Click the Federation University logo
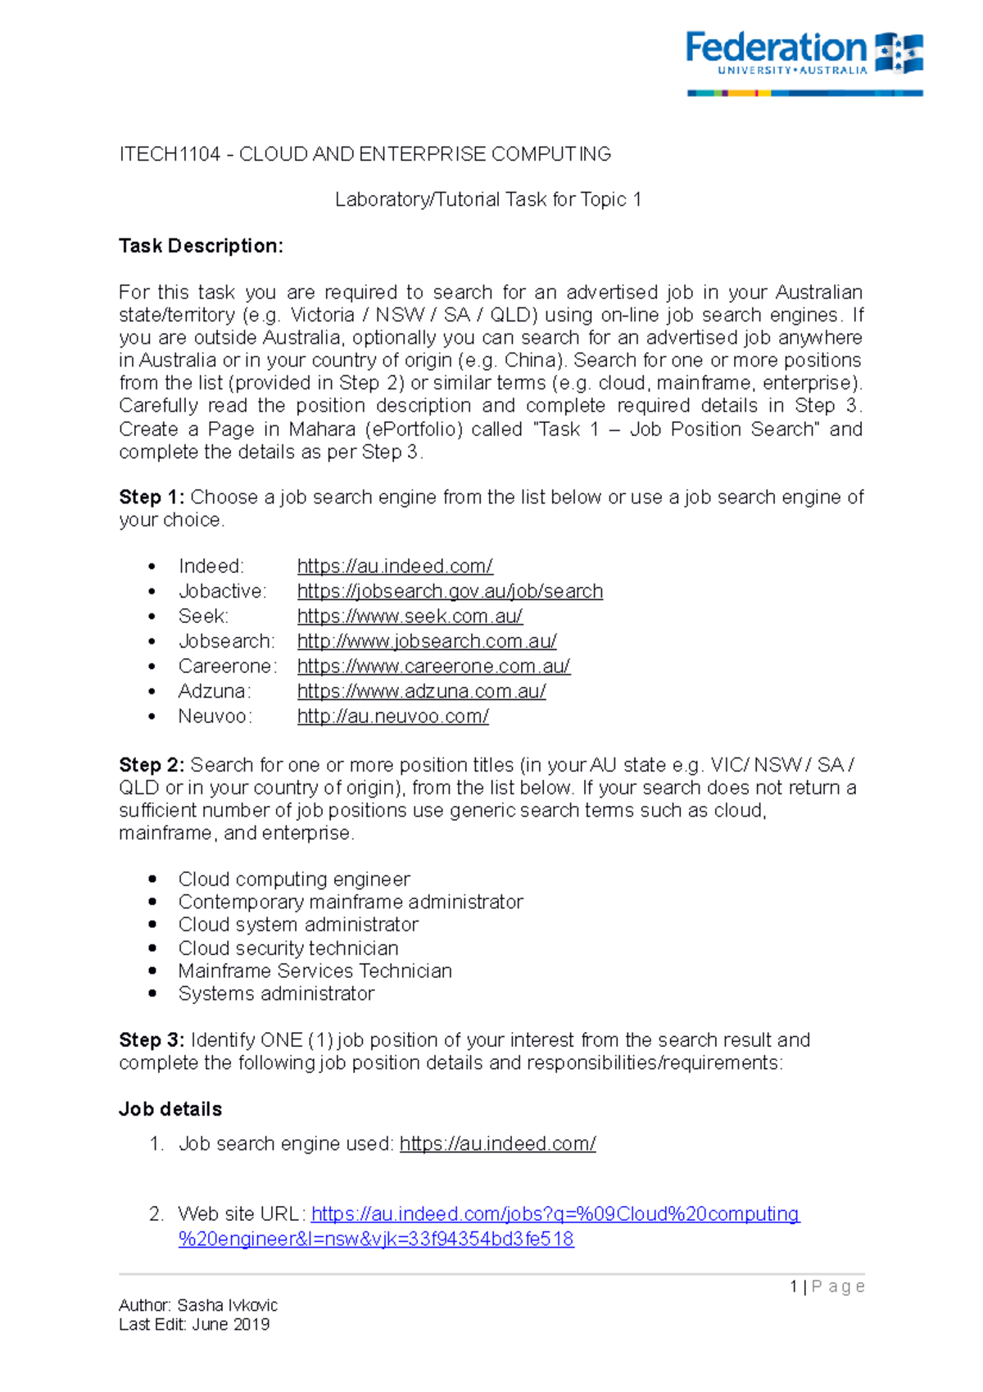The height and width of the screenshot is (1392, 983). [804, 61]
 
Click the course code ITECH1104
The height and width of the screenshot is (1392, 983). [170, 154]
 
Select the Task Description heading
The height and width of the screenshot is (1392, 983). [201, 246]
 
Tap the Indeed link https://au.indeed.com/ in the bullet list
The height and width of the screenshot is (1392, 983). [395, 566]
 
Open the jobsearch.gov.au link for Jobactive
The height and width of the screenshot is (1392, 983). [450, 591]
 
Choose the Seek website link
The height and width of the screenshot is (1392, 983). [410, 616]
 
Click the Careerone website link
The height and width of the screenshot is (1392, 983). [433, 666]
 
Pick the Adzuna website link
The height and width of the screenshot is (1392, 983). [421, 691]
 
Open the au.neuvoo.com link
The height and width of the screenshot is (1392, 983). [392, 716]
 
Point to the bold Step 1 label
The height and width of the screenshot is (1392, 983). [152, 498]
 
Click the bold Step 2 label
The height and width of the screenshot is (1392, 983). [152, 766]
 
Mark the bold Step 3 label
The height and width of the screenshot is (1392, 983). [152, 1040]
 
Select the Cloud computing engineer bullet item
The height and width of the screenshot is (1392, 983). [294, 880]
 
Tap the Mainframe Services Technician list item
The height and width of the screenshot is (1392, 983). [315, 971]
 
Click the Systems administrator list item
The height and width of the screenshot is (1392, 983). [276, 994]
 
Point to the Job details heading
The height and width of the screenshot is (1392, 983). [170, 1109]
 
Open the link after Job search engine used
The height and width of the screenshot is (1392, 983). [497, 1144]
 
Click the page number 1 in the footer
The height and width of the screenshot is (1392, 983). [794, 1287]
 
